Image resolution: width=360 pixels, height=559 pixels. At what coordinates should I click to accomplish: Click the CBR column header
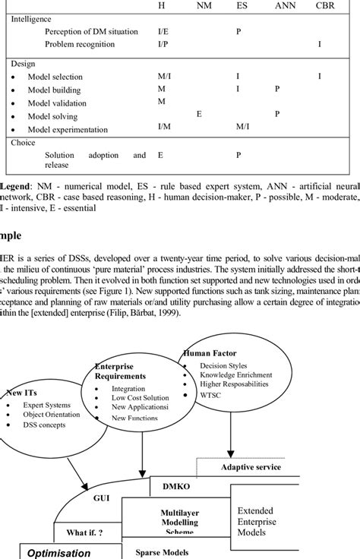[324, 5]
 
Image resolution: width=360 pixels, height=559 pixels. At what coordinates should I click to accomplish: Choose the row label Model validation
[59, 102]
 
